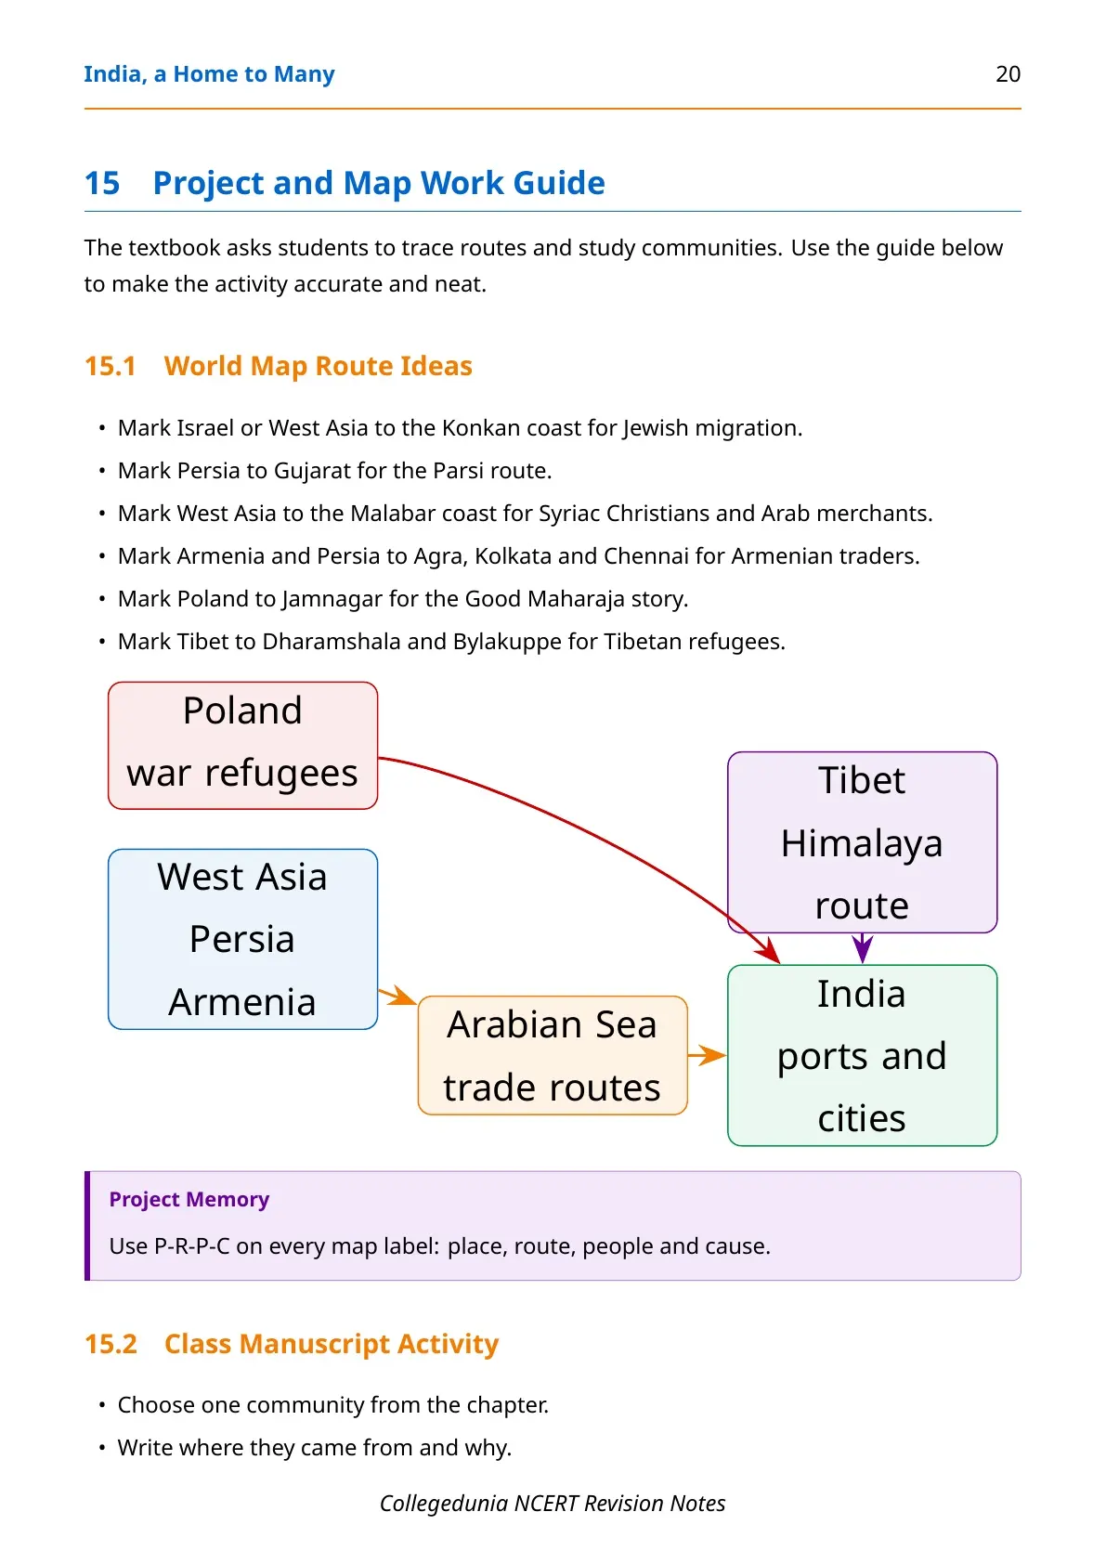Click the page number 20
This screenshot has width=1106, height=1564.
click(x=1008, y=74)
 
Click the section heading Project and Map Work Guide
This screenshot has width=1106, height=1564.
click(x=379, y=183)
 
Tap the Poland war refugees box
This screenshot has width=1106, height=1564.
click(x=243, y=746)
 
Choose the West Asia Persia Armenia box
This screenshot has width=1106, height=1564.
click(x=243, y=939)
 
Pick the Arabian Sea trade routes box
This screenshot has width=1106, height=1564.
click(x=553, y=1055)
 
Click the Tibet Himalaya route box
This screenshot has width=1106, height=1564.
click(x=863, y=842)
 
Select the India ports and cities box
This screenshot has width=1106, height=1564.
click(x=863, y=1055)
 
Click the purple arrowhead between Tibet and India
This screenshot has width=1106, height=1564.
click(x=863, y=949)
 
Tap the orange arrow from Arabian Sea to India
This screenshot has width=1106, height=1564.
click(x=708, y=1055)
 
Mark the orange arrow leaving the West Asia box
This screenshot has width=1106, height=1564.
click(x=397, y=997)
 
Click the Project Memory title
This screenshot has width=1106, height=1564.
click(x=189, y=1199)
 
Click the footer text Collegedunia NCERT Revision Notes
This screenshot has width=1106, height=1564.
click(x=553, y=1504)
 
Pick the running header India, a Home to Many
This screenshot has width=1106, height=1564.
click(x=210, y=74)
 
